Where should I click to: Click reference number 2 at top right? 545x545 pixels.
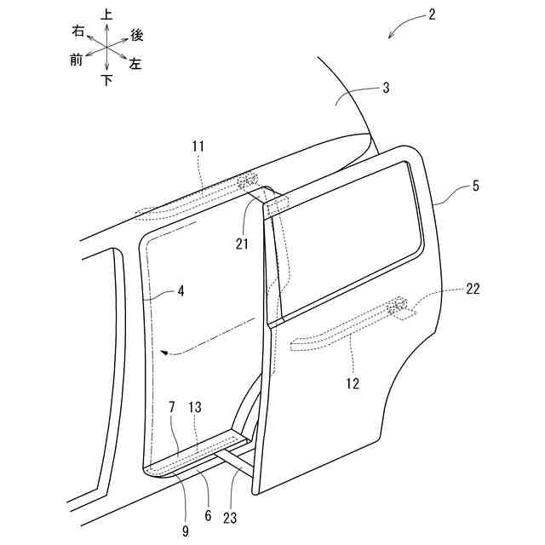[x=433, y=14]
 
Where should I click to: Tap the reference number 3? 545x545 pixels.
[x=386, y=88]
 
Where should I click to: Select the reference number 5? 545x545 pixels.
[x=475, y=184]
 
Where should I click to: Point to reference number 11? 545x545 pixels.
[x=198, y=147]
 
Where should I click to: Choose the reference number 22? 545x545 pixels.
[x=473, y=289]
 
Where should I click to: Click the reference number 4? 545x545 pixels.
[x=180, y=290]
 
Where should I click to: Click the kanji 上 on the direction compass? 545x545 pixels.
[x=106, y=14]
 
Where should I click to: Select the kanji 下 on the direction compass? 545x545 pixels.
[x=106, y=80]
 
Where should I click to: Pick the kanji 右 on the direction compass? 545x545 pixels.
[x=77, y=31]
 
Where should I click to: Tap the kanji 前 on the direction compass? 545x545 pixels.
[x=77, y=60]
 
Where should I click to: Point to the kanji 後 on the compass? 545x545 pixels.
[x=136, y=35]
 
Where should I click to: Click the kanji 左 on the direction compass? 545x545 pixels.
[x=135, y=64]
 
